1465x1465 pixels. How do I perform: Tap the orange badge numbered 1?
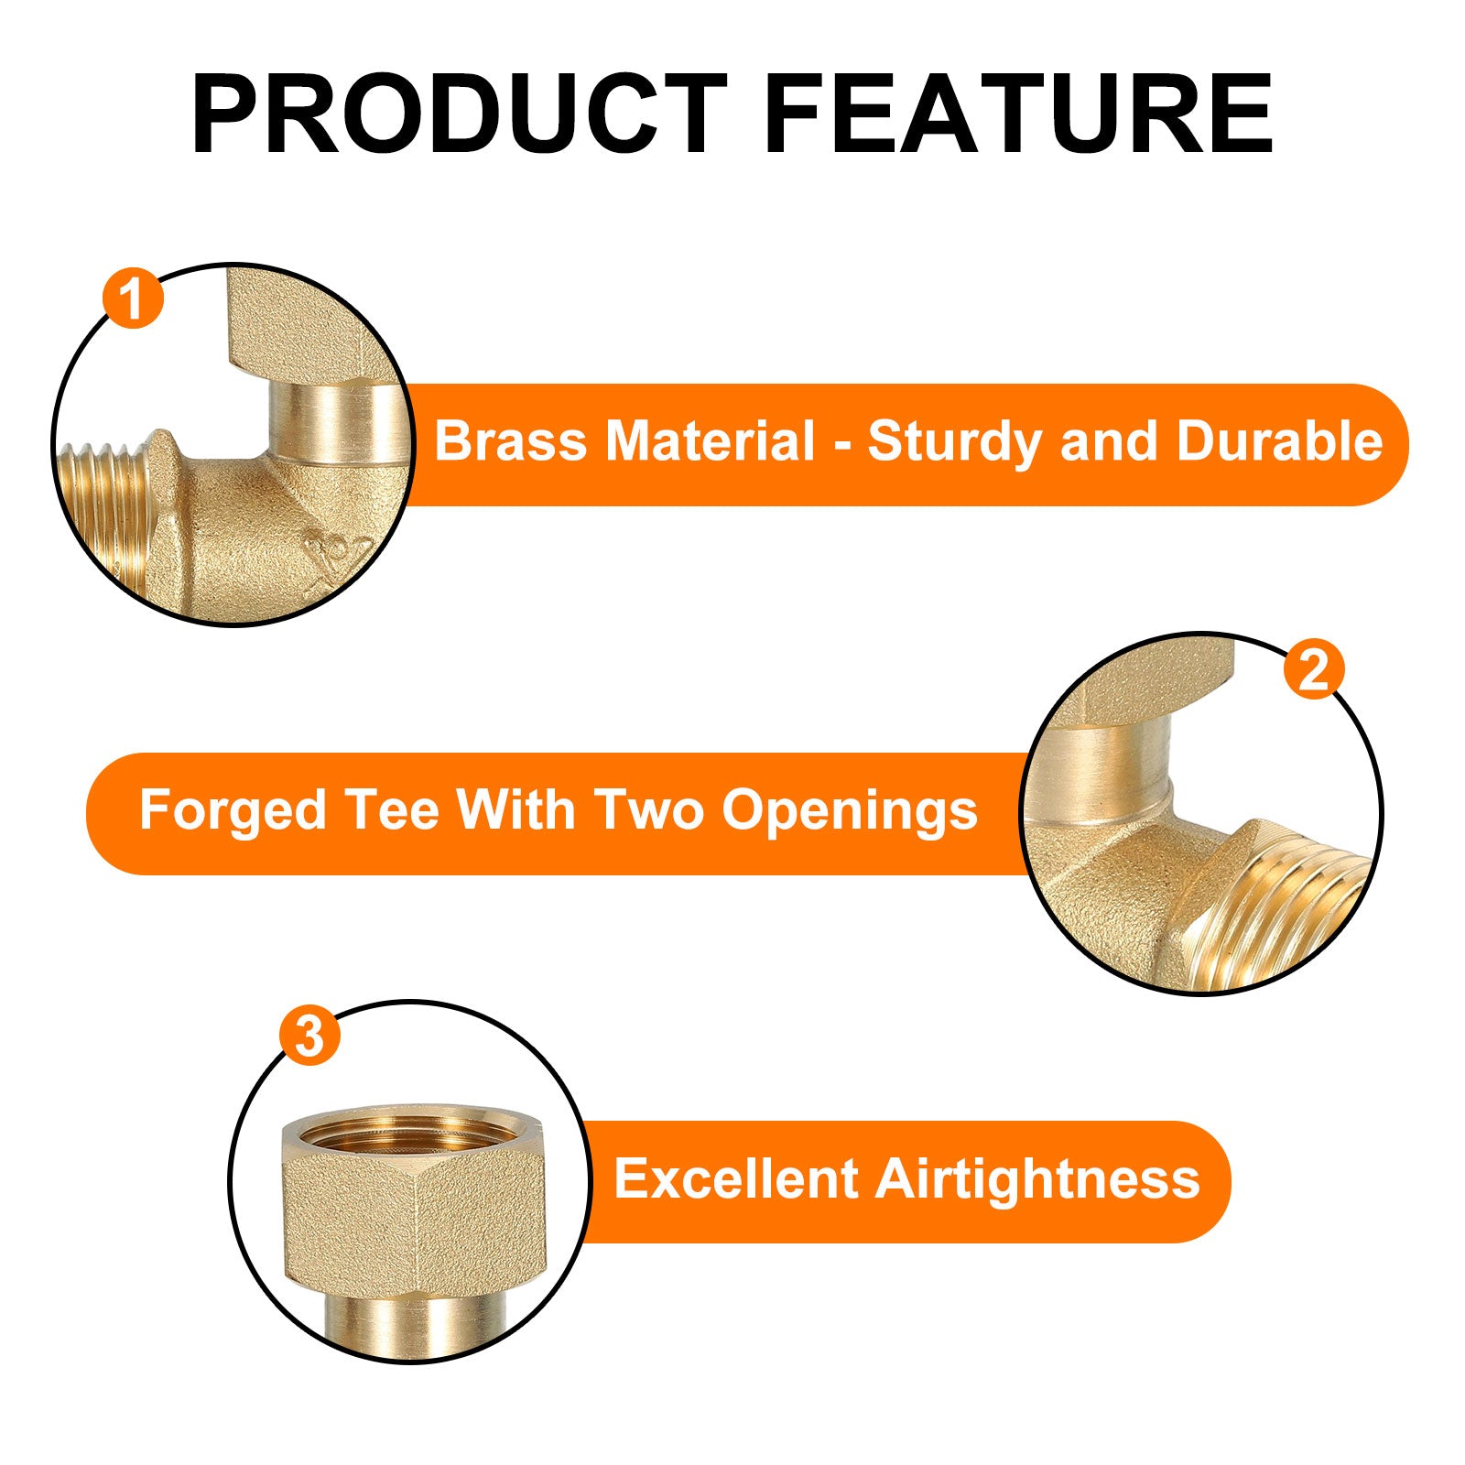coord(134,298)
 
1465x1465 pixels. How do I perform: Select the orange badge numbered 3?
coord(309,1036)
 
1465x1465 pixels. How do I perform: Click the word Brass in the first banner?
coord(510,441)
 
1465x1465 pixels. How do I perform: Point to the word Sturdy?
coord(956,443)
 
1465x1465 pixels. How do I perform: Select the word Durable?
coord(1279,441)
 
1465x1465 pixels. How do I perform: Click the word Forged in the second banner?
coord(233,812)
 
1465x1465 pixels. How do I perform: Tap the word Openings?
coord(850,812)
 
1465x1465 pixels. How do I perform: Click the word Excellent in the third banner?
coord(735,1178)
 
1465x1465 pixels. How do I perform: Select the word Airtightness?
coord(1037,1179)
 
